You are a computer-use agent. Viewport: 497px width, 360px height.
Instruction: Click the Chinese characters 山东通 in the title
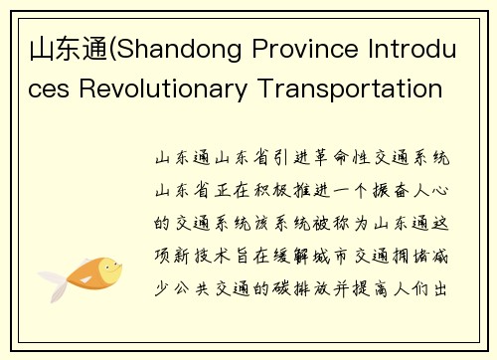[x=57, y=49]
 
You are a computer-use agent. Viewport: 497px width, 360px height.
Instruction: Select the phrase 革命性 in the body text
[x=327, y=158]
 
